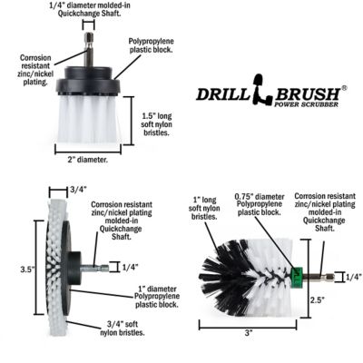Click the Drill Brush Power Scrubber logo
pyautogui.click(x=270, y=95)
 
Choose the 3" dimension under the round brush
pyautogui.click(x=248, y=333)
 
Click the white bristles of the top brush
pyautogui.click(x=88, y=120)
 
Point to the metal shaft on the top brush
pyautogui.click(x=88, y=50)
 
